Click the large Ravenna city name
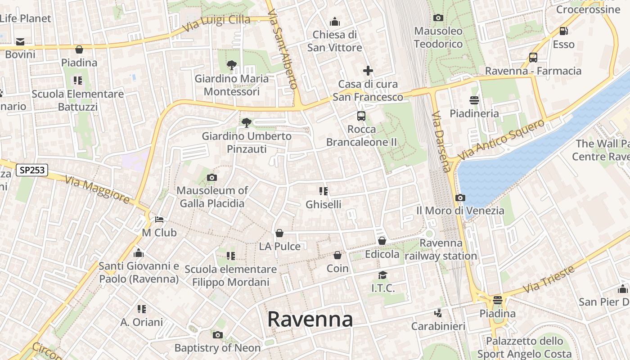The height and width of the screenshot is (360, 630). point(310,319)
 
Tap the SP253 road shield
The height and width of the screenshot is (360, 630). point(31,170)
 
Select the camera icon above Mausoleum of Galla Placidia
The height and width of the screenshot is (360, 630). point(212,178)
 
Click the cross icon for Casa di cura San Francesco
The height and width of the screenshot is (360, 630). point(368,71)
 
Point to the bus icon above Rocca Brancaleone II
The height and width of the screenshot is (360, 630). point(361,116)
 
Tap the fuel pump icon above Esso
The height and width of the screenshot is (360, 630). point(563,31)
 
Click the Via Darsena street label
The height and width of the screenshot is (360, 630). point(441,142)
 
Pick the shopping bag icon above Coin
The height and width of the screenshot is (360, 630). point(337,256)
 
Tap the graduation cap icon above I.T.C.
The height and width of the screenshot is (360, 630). point(382,275)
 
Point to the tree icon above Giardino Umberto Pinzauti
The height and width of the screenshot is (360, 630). point(246,122)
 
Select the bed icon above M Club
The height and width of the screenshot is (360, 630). point(159,220)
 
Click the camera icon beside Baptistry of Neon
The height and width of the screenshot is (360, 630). point(217,335)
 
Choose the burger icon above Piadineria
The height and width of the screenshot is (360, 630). point(474,100)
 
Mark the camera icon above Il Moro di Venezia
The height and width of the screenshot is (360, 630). point(460,198)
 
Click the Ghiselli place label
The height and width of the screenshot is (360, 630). point(323,204)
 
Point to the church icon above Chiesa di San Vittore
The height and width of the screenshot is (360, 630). point(334,22)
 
